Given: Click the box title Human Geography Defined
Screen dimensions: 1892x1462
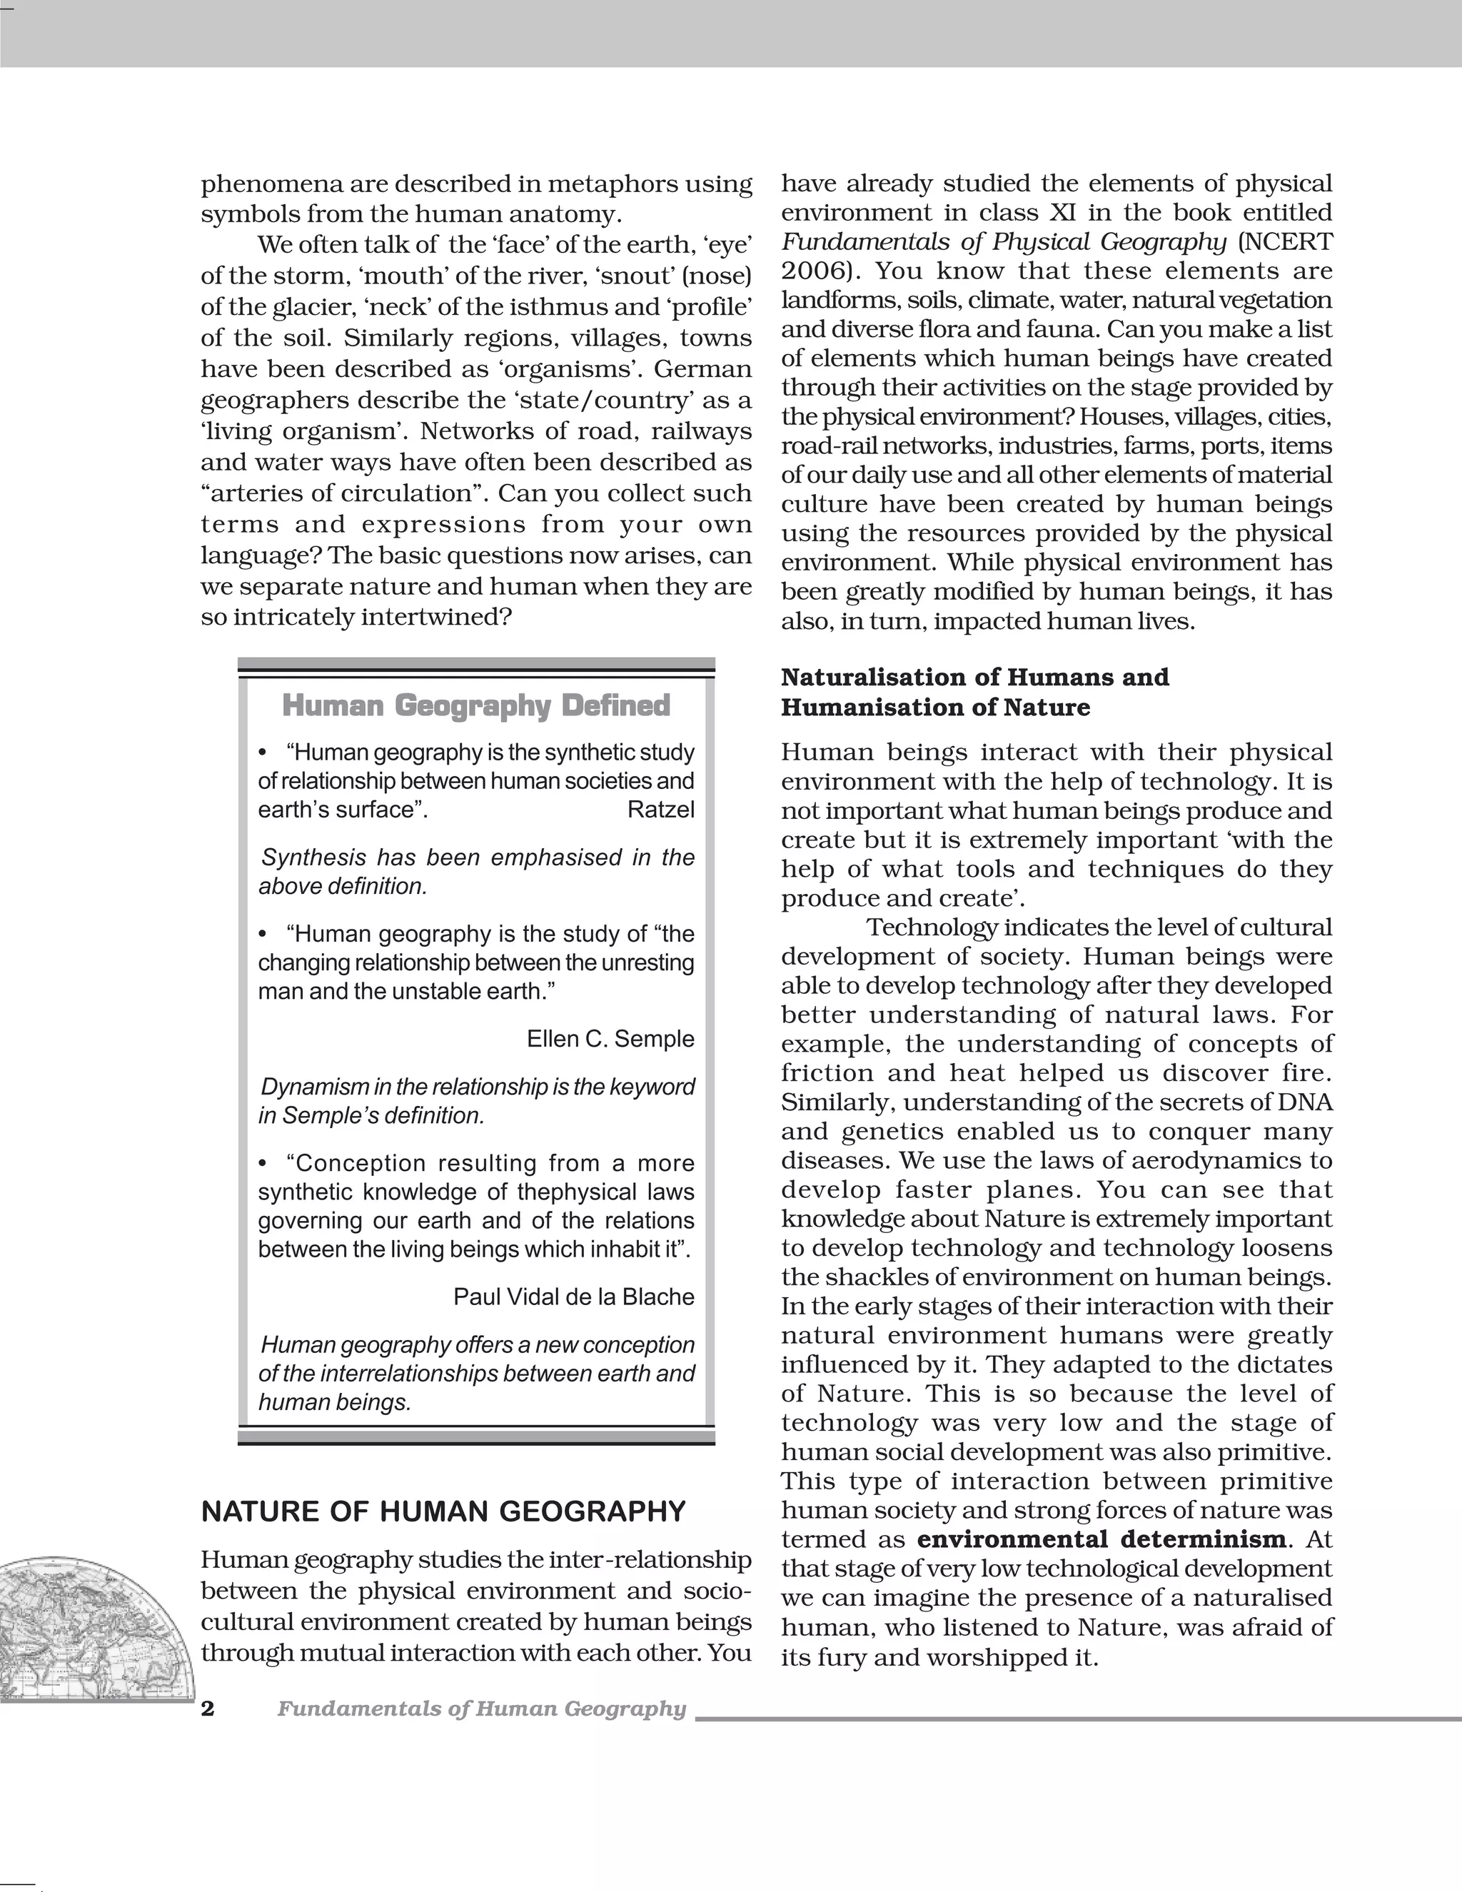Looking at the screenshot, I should click(476, 706).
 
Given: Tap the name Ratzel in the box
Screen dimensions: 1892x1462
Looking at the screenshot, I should click(661, 810).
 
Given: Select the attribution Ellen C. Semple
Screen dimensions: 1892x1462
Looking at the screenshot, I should click(610, 1039).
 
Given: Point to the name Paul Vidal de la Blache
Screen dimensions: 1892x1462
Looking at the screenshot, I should click(573, 1297).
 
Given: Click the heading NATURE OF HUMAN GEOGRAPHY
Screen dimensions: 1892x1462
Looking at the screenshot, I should click(443, 1511).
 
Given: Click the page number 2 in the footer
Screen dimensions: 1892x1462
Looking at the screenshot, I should click(208, 1709).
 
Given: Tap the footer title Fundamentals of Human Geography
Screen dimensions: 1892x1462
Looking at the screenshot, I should click(482, 1709).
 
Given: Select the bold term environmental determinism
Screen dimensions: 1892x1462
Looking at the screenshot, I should click(1101, 1539).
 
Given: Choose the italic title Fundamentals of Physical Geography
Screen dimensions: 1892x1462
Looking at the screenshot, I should click(1004, 242).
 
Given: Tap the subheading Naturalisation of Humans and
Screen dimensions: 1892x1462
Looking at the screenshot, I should click(974, 677).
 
